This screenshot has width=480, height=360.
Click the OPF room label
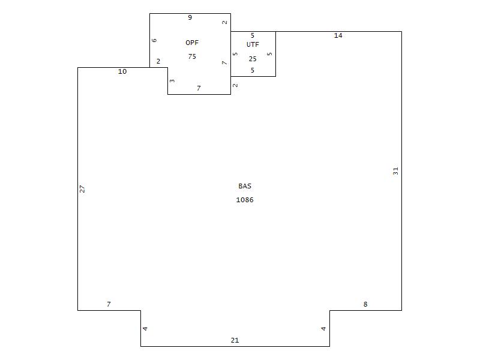[x=192, y=43]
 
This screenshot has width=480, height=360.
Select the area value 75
[x=192, y=56]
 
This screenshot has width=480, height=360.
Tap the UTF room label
[x=253, y=44]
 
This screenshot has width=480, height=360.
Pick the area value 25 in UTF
[x=253, y=59]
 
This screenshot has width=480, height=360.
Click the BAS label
[x=245, y=186]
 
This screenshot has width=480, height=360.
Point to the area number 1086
[x=245, y=200]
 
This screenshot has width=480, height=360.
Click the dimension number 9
[x=190, y=17]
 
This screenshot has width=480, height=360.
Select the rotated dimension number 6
[x=154, y=40]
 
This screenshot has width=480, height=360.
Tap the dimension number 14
[x=338, y=35]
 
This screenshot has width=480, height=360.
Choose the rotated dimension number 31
[x=395, y=171]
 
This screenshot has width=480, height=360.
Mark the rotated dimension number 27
[x=82, y=189]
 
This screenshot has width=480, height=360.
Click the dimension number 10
[x=122, y=71]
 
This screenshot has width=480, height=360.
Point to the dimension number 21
[x=235, y=340]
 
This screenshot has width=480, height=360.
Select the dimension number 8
[x=365, y=304]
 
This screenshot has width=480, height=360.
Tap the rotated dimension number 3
[x=172, y=81]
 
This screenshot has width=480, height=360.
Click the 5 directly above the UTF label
[x=252, y=35]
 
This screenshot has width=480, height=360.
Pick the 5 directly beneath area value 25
[x=252, y=70]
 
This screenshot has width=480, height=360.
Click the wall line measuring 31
[x=401, y=171]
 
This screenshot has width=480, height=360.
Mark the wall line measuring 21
[x=235, y=347]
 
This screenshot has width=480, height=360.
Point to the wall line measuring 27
[x=78, y=189]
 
